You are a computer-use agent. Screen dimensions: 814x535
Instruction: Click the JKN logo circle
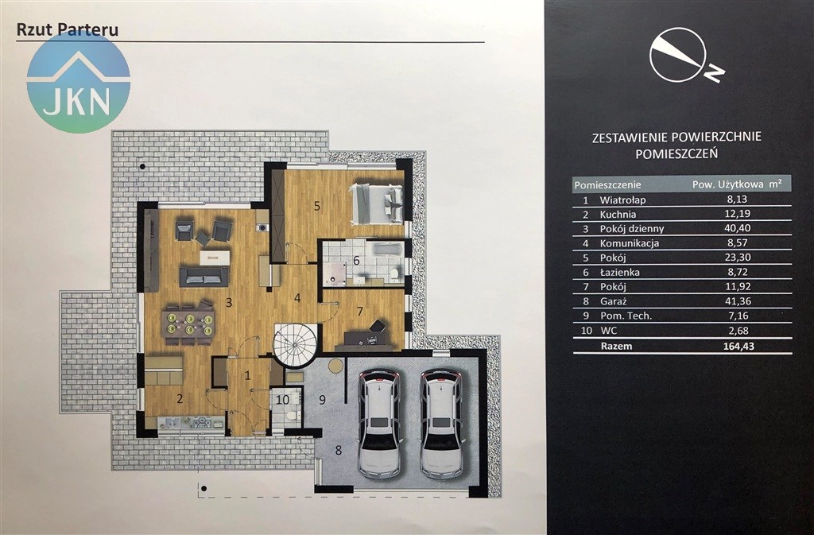pyautogui.click(x=79, y=81)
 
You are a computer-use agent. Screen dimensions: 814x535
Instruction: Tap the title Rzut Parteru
pyautogui.click(x=68, y=29)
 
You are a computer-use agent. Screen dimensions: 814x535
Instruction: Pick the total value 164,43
pyautogui.click(x=738, y=346)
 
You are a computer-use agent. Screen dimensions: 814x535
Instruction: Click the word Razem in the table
pyautogui.click(x=616, y=346)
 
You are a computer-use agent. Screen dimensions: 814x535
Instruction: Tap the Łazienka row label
pyautogui.click(x=620, y=272)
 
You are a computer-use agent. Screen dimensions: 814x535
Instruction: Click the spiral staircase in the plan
pyautogui.click(x=295, y=345)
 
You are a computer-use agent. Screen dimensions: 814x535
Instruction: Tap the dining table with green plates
pyautogui.click(x=188, y=325)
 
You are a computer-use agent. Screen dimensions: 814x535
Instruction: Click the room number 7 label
pyautogui.click(x=360, y=312)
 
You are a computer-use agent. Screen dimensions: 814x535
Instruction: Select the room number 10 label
pyautogui.click(x=283, y=400)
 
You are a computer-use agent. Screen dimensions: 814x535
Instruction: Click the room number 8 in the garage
pyautogui.click(x=339, y=450)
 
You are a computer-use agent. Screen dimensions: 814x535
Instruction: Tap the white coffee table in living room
pyautogui.click(x=215, y=258)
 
